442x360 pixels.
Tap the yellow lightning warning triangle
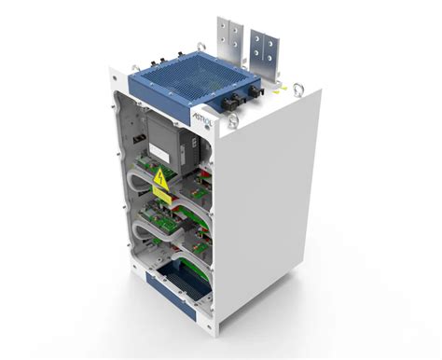coord(161,178)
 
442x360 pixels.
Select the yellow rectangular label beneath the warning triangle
coord(162,196)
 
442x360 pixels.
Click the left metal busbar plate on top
coord(228,42)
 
